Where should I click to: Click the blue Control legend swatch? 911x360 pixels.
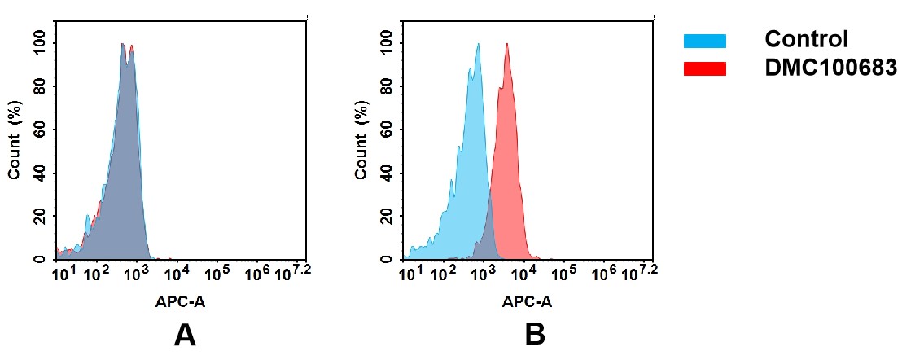pyautogui.click(x=704, y=41)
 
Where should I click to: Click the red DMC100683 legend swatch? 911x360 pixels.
pyautogui.click(x=704, y=69)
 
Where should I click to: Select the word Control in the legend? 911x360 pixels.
pyautogui.click(x=806, y=39)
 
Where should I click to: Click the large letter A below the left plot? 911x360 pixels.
pyautogui.click(x=185, y=335)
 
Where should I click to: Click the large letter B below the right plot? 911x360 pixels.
pyautogui.click(x=534, y=335)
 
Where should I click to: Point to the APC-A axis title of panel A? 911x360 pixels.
pyautogui.click(x=180, y=301)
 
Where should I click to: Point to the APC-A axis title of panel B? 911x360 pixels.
pyautogui.click(x=527, y=301)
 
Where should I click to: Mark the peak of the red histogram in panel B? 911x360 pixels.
pyautogui.click(x=506, y=45)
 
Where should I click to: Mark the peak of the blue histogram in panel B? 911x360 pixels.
pyautogui.click(x=478, y=45)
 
